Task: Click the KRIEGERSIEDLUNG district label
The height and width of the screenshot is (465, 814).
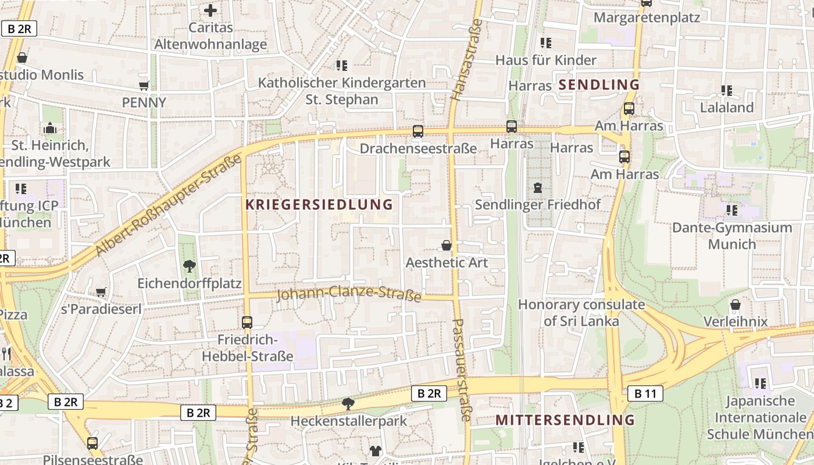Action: [x=319, y=205]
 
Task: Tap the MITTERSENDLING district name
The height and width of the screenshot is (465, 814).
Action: [x=565, y=420]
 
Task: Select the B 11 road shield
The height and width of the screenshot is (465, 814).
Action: [x=645, y=394]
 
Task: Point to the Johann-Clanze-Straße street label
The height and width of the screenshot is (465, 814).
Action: [x=349, y=294]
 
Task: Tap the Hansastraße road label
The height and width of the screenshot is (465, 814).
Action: [x=467, y=60]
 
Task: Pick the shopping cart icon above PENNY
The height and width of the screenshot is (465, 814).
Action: [x=144, y=86]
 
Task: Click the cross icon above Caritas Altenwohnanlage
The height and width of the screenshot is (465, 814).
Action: [x=210, y=10]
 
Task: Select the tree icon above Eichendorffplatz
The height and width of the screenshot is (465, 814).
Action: [x=189, y=266]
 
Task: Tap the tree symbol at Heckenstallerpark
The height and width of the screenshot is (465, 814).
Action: [x=348, y=403]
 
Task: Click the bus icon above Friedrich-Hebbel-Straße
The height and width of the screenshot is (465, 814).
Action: [x=247, y=322]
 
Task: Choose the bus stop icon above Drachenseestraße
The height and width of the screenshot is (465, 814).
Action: [x=418, y=131]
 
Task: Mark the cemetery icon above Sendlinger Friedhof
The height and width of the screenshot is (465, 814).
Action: [x=538, y=188]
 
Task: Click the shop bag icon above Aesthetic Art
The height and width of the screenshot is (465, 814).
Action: [x=447, y=245]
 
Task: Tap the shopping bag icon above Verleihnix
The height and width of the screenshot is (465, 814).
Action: [x=736, y=305]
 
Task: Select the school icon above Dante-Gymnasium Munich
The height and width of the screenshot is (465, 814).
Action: [x=732, y=210]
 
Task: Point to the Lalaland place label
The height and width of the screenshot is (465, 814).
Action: [x=727, y=108]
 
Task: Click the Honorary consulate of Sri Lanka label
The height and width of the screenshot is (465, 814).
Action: [x=581, y=313]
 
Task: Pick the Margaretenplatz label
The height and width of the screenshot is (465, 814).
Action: [x=647, y=17]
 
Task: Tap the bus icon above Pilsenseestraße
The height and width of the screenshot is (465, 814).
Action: [x=92, y=443]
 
